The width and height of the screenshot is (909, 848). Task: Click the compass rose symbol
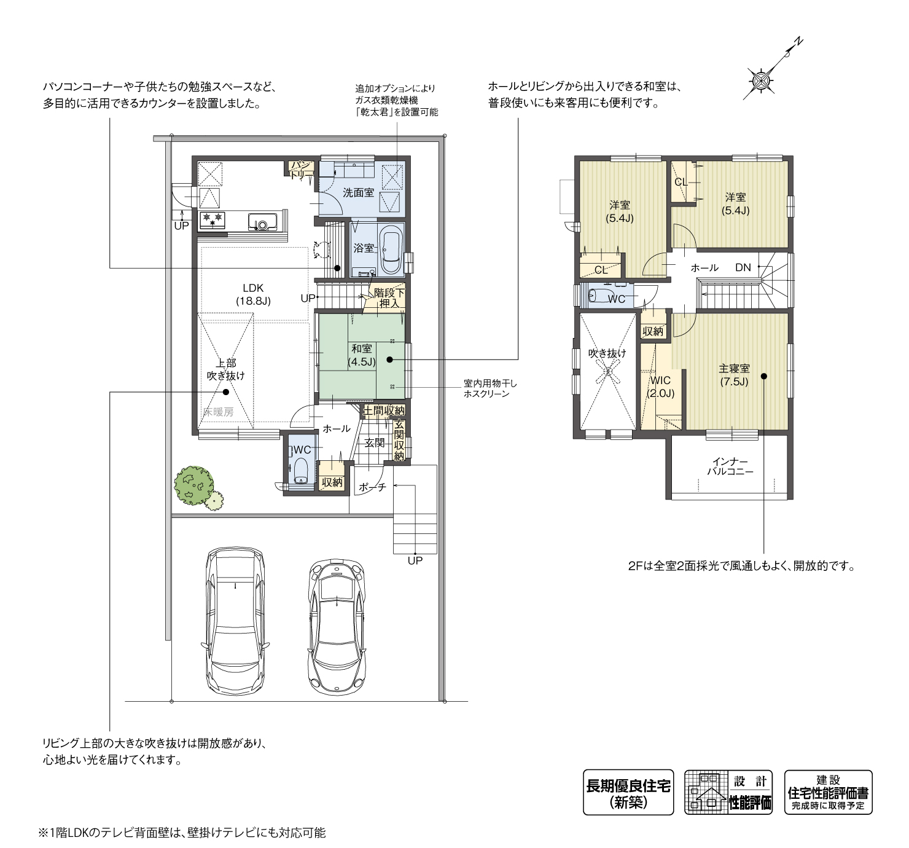pos(760,82)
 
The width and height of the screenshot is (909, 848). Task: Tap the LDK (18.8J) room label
pos(253,294)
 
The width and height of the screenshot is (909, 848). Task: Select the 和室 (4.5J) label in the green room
pos(362,355)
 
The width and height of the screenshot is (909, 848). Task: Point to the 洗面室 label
pos(359,193)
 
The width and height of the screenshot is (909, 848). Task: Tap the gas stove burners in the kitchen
pos(213,221)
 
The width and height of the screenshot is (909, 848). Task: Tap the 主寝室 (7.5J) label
pos(734,374)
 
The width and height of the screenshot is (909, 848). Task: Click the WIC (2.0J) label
pos(660,386)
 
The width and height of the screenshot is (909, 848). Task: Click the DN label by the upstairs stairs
pos(743,267)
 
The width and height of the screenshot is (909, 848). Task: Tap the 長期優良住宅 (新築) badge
pos(628,792)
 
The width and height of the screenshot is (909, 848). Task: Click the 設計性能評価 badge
pos(728,792)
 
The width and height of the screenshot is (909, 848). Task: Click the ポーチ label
pos(373,487)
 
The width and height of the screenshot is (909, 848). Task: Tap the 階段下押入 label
pos(389,297)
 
